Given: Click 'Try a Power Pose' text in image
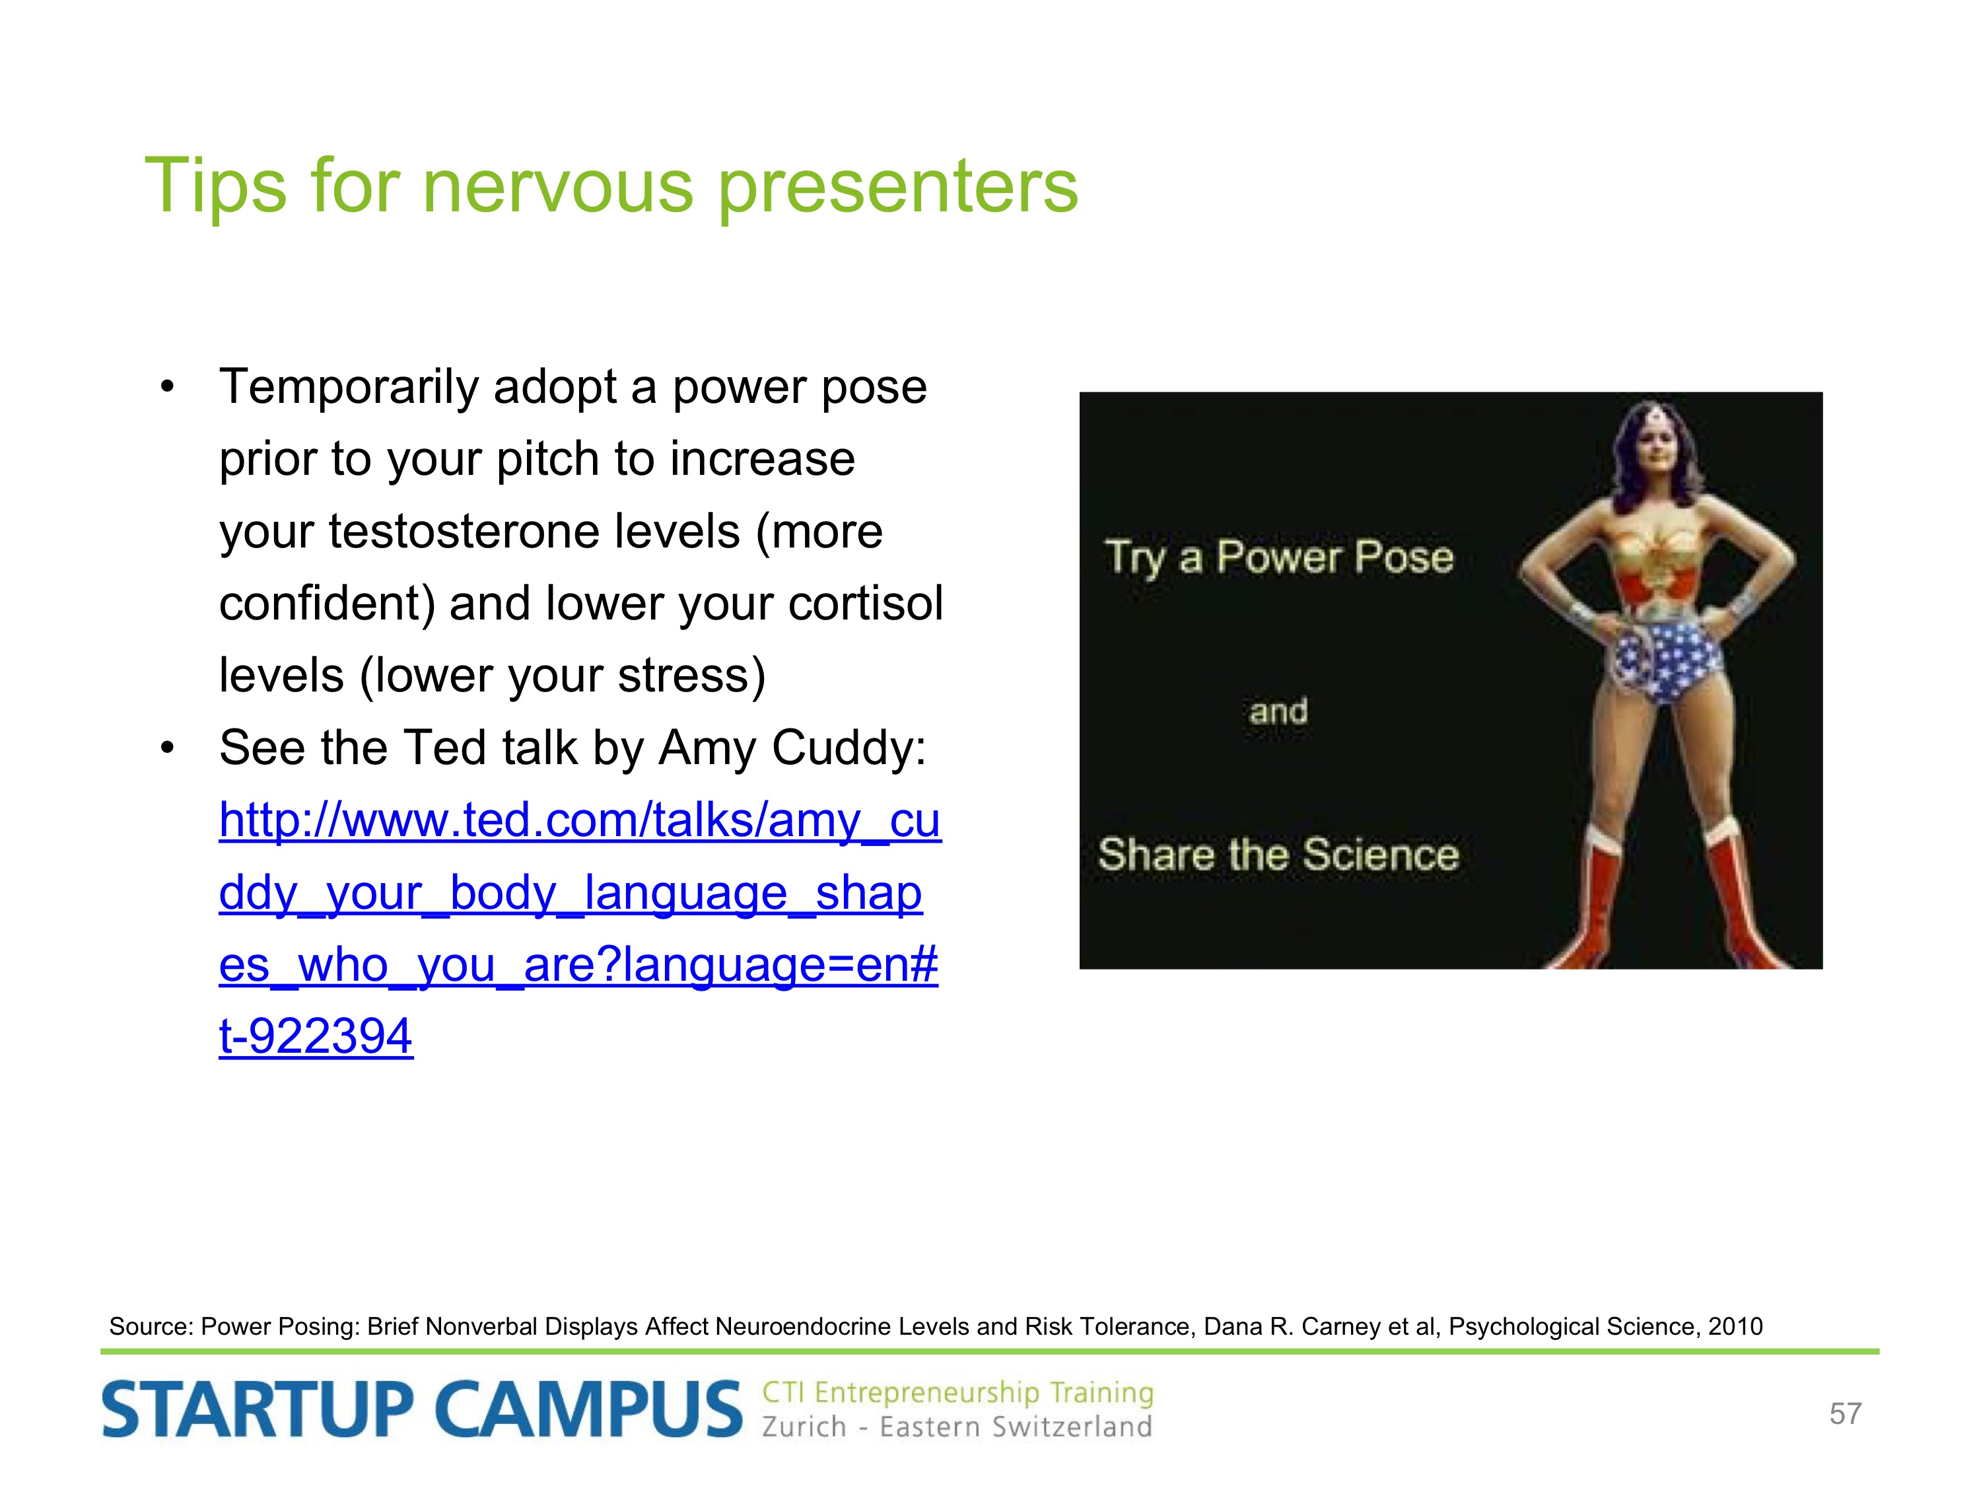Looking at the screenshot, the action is tap(1279, 558).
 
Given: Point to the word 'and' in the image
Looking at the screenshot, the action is tap(1279, 711).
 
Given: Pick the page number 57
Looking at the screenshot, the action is tap(1846, 1413).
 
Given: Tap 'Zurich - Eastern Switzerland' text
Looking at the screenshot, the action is tap(956, 1426).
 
